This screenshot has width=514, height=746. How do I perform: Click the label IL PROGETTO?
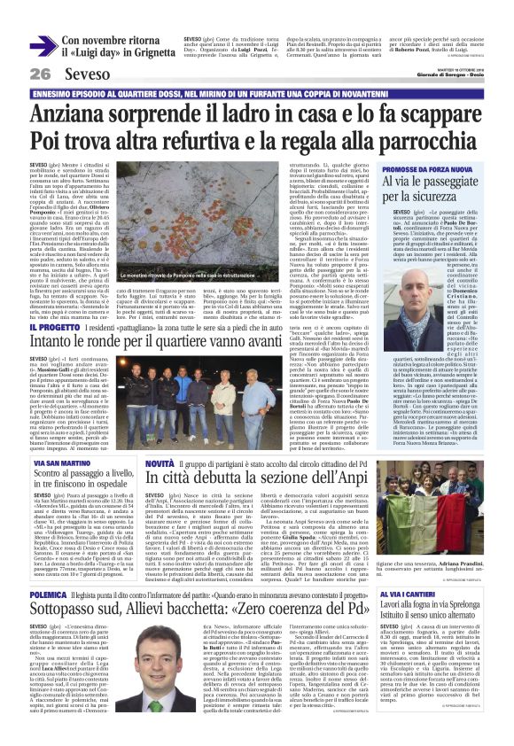(54, 327)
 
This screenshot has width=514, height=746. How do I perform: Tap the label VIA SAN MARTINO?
(59, 462)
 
